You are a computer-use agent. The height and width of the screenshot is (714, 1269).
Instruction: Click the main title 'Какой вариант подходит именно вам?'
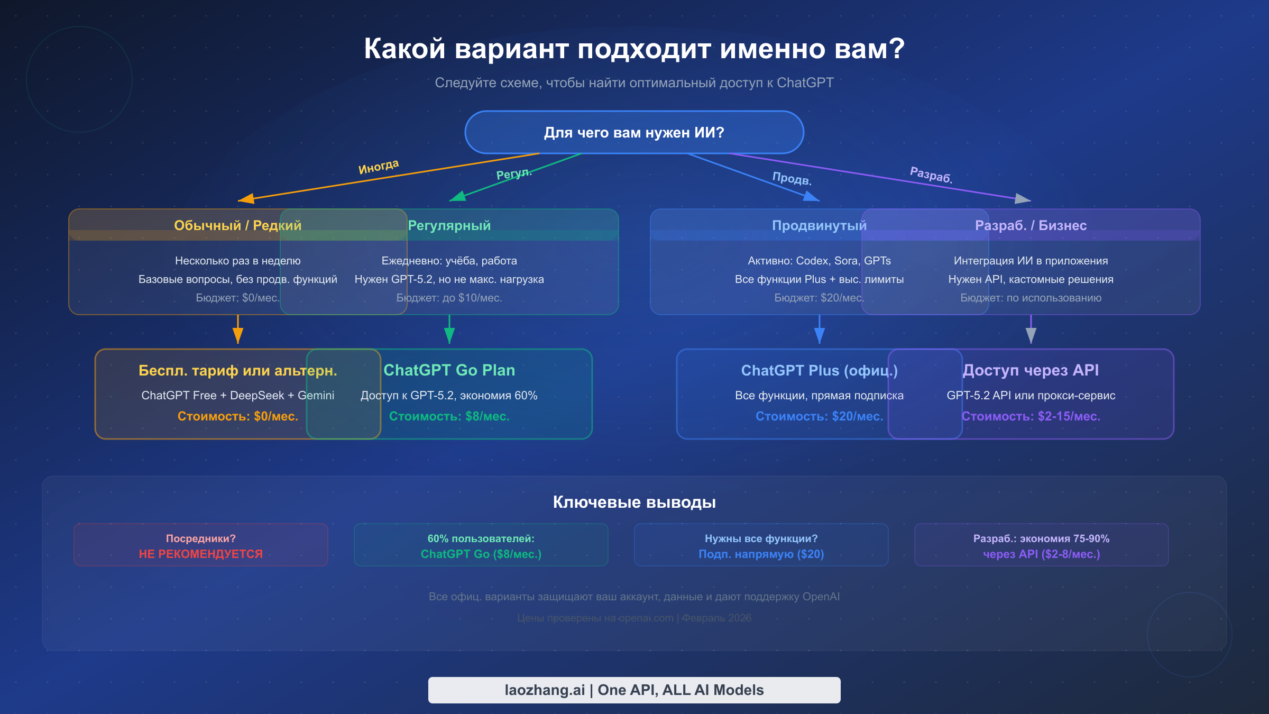click(x=634, y=49)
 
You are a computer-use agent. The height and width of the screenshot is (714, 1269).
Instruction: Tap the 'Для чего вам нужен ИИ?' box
click(x=634, y=132)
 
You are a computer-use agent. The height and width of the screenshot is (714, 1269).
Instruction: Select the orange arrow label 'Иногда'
click(x=379, y=167)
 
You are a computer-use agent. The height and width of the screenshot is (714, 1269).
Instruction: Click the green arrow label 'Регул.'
click(x=513, y=173)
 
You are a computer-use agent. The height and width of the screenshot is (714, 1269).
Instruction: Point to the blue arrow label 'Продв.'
click(x=792, y=178)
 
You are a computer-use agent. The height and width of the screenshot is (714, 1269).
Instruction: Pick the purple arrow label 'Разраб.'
click(x=931, y=175)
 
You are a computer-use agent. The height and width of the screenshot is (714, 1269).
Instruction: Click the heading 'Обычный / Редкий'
click(x=237, y=225)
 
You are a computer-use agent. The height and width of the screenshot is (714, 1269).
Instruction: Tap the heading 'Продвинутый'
click(x=819, y=225)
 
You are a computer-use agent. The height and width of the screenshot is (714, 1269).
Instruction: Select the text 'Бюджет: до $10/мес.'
click(x=449, y=298)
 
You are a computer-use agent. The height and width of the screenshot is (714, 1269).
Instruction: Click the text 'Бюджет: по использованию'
click(x=1031, y=298)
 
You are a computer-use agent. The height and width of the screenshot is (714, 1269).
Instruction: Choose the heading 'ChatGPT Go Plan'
click(x=449, y=370)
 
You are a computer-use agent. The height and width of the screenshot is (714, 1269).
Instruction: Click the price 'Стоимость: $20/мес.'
click(x=819, y=416)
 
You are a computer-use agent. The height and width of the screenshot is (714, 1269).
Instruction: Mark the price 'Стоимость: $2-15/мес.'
click(x=1031, y=416)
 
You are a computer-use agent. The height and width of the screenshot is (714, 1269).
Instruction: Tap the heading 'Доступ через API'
click(x=1031, y=370)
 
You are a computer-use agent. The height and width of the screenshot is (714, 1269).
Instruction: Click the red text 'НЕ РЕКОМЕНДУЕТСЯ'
click(x=200, y=554)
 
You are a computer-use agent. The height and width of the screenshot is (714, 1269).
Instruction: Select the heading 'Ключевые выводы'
click(x=634, y=502)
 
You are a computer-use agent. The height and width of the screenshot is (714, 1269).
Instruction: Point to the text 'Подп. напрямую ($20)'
click(x=761, y=554)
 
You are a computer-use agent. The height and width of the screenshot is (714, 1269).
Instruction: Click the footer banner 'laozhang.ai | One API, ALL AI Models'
click(x=634, y=690)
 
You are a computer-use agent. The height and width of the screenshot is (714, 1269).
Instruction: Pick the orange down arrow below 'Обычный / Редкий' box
click(x=238, y=331)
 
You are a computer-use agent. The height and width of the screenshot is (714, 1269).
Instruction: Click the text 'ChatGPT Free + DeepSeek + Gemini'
click(x=237, y=396)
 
